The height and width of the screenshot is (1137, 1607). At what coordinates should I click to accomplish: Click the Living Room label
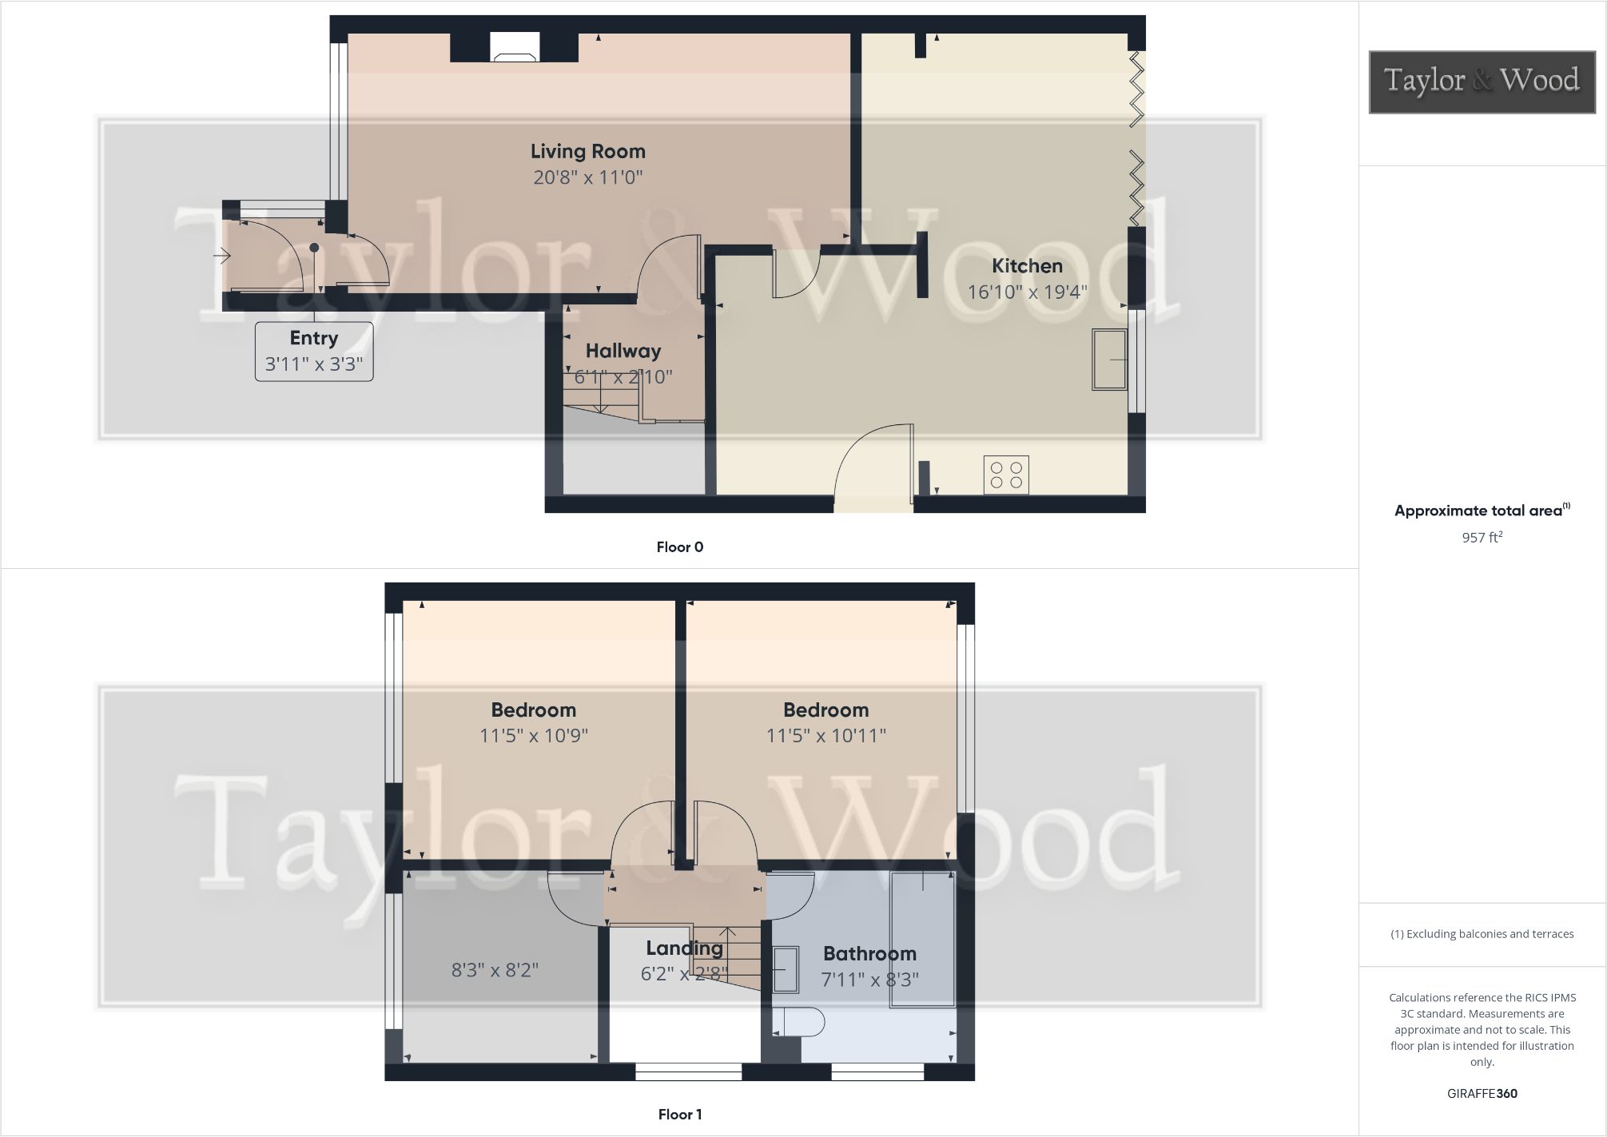(x=587, y=151)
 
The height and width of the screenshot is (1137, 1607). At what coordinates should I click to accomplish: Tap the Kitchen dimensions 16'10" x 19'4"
(x=1027, y=292)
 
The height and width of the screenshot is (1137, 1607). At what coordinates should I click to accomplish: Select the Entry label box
(x=314, y=352)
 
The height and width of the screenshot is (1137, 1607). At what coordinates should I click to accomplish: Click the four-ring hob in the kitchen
(x=1006, y=475)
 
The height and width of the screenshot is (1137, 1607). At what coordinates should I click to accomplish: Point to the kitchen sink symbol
(x=1109, y=360)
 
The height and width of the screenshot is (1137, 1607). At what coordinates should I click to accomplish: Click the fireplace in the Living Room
(x=515, y=48)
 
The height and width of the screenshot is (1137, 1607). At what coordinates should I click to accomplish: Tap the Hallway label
(x=623, y=351)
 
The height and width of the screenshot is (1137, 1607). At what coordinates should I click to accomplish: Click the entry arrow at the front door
(x=222, y=256)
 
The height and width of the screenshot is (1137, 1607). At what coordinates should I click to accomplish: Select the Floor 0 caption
(x=680, y=547)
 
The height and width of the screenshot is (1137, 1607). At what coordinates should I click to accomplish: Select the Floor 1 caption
(x=680, y=1115)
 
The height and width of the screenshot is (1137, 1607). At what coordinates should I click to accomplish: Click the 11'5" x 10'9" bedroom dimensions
(x=534, y=736)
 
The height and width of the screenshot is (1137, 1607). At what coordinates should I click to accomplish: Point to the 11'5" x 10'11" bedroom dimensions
(x=826, y=736)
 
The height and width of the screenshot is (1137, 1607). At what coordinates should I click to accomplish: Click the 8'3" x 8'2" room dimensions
(x=495, y=970)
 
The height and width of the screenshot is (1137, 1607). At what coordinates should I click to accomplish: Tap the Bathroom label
(x=869, y=953)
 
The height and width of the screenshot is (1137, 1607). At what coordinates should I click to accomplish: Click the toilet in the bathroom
(x=799, y=1022)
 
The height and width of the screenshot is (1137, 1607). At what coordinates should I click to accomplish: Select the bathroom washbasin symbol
(x=786, y=969)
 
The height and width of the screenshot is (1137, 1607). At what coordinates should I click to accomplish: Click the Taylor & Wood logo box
(x=1482, y=81)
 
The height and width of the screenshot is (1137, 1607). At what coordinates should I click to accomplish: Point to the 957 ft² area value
(x=1482, y=538)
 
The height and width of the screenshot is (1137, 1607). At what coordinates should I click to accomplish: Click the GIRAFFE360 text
(x=1482, y=1094)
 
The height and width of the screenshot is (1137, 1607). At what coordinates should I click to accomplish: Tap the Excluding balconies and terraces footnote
(x=1482, y=934)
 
